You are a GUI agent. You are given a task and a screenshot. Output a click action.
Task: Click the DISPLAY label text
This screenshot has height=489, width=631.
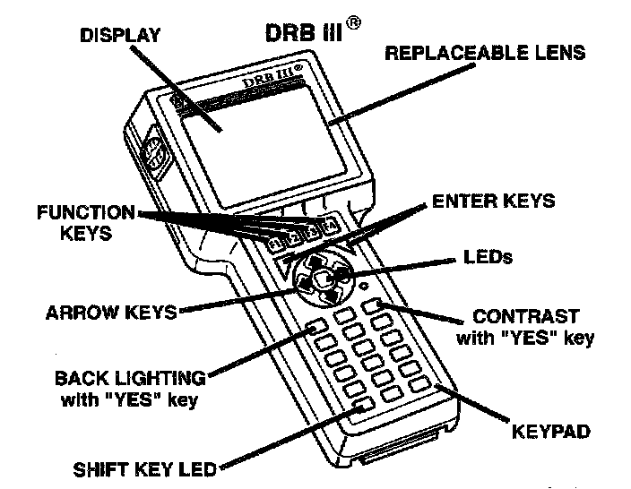click(120, 36)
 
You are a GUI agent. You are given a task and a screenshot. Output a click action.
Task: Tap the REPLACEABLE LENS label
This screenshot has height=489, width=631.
click(485, 53)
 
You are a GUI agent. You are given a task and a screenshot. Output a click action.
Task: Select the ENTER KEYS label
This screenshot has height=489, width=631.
click(493, 201)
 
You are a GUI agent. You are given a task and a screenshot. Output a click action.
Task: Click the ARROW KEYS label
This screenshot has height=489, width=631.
click(112, 313)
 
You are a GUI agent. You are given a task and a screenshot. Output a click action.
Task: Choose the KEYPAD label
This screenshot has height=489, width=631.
click(550, 432)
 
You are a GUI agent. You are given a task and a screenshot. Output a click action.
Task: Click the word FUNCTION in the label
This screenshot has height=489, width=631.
click(85, 213)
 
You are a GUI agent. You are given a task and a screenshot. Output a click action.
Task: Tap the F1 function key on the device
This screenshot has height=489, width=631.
click(275, 243)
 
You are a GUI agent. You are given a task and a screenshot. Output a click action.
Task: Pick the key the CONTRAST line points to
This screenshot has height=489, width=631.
click(375, 305)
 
